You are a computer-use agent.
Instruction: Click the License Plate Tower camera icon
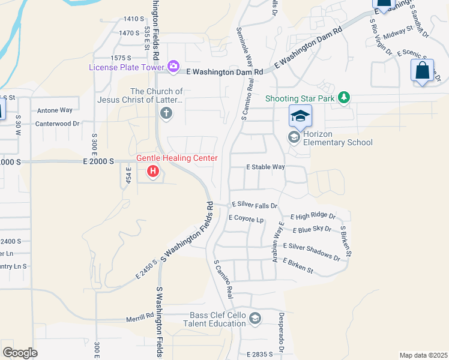click(173, 67)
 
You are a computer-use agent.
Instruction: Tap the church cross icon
click(166, 113)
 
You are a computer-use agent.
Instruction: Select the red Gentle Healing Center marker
click(153, 172)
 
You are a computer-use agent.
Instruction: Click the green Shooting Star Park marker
click(343, 97)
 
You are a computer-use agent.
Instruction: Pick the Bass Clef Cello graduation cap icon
click(255, 318)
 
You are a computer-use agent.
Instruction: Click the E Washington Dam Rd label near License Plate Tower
click(224, 71)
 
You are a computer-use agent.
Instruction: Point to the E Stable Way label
click(265, 167)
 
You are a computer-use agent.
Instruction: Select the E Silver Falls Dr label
click(255, 205)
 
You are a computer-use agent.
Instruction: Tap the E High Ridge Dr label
click(313, 216)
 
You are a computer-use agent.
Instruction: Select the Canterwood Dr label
click(58, 124)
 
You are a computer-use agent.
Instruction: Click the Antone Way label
click(55, 110)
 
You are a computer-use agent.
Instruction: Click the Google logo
click(20, 353)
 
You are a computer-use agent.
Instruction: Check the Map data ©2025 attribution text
click(423, 355)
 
